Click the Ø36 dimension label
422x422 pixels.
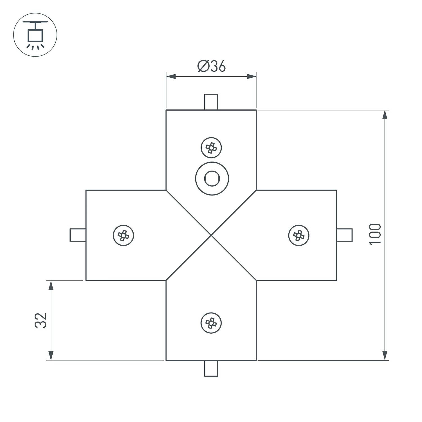212,66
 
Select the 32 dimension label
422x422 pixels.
41,320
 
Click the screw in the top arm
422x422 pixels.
211,148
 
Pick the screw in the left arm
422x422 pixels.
123,235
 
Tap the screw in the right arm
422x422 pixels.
299,235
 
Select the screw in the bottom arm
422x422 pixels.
211,323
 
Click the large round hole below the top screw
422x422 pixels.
212,178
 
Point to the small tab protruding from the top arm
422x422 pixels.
211,102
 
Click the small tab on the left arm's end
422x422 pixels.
78,235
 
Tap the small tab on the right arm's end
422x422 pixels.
344,235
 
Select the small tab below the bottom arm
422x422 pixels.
211,369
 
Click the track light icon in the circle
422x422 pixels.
35,35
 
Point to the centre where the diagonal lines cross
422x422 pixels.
211,235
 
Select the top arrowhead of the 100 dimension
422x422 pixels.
385,115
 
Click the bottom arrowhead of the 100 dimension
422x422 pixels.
385,355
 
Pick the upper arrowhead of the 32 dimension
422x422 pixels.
51,285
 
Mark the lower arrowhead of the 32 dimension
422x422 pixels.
51,355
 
